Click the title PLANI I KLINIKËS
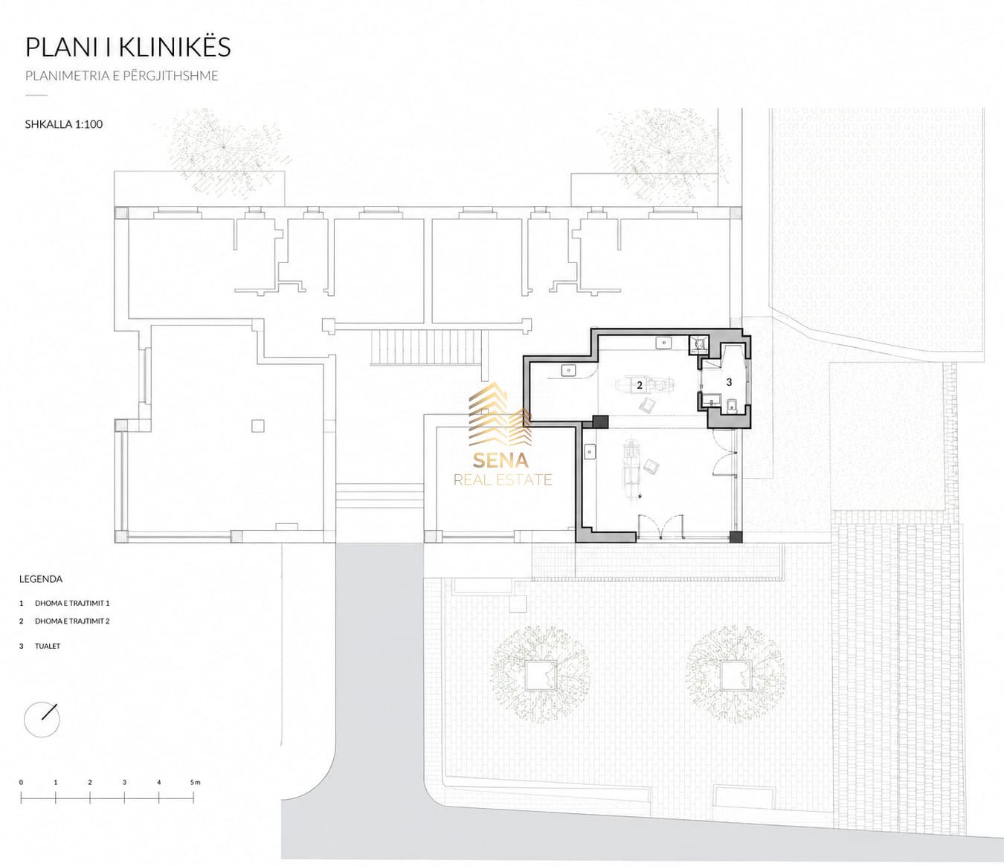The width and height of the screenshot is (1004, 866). coord(128,47)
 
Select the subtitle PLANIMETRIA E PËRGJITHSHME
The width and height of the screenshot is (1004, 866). coord(122,77)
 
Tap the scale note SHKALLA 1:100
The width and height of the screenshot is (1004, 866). coord(64,124)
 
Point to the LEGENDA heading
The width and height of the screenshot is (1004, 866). coord(41,579)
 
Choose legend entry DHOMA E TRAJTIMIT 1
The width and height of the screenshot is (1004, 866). coord(72,604)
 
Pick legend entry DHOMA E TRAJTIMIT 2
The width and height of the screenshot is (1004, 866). coord(72,621)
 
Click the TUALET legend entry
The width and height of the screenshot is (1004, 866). coord(48,646)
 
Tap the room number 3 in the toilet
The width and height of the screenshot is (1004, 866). coord(729,383)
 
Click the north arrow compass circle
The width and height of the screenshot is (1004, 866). coord(42,719)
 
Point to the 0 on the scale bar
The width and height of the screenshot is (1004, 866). coord(21,783)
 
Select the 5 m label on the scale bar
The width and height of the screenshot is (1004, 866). coord(195,783)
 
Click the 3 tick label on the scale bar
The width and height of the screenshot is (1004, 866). coord(124,783)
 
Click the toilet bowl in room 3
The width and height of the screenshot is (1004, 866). coord(733,405)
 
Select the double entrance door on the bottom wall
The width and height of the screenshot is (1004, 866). coord(660,527)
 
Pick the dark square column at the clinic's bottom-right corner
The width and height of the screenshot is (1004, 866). coord(736,537)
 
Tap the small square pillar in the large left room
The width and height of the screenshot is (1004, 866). coord(258,426)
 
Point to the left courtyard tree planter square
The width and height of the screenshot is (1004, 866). coord(541,675)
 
